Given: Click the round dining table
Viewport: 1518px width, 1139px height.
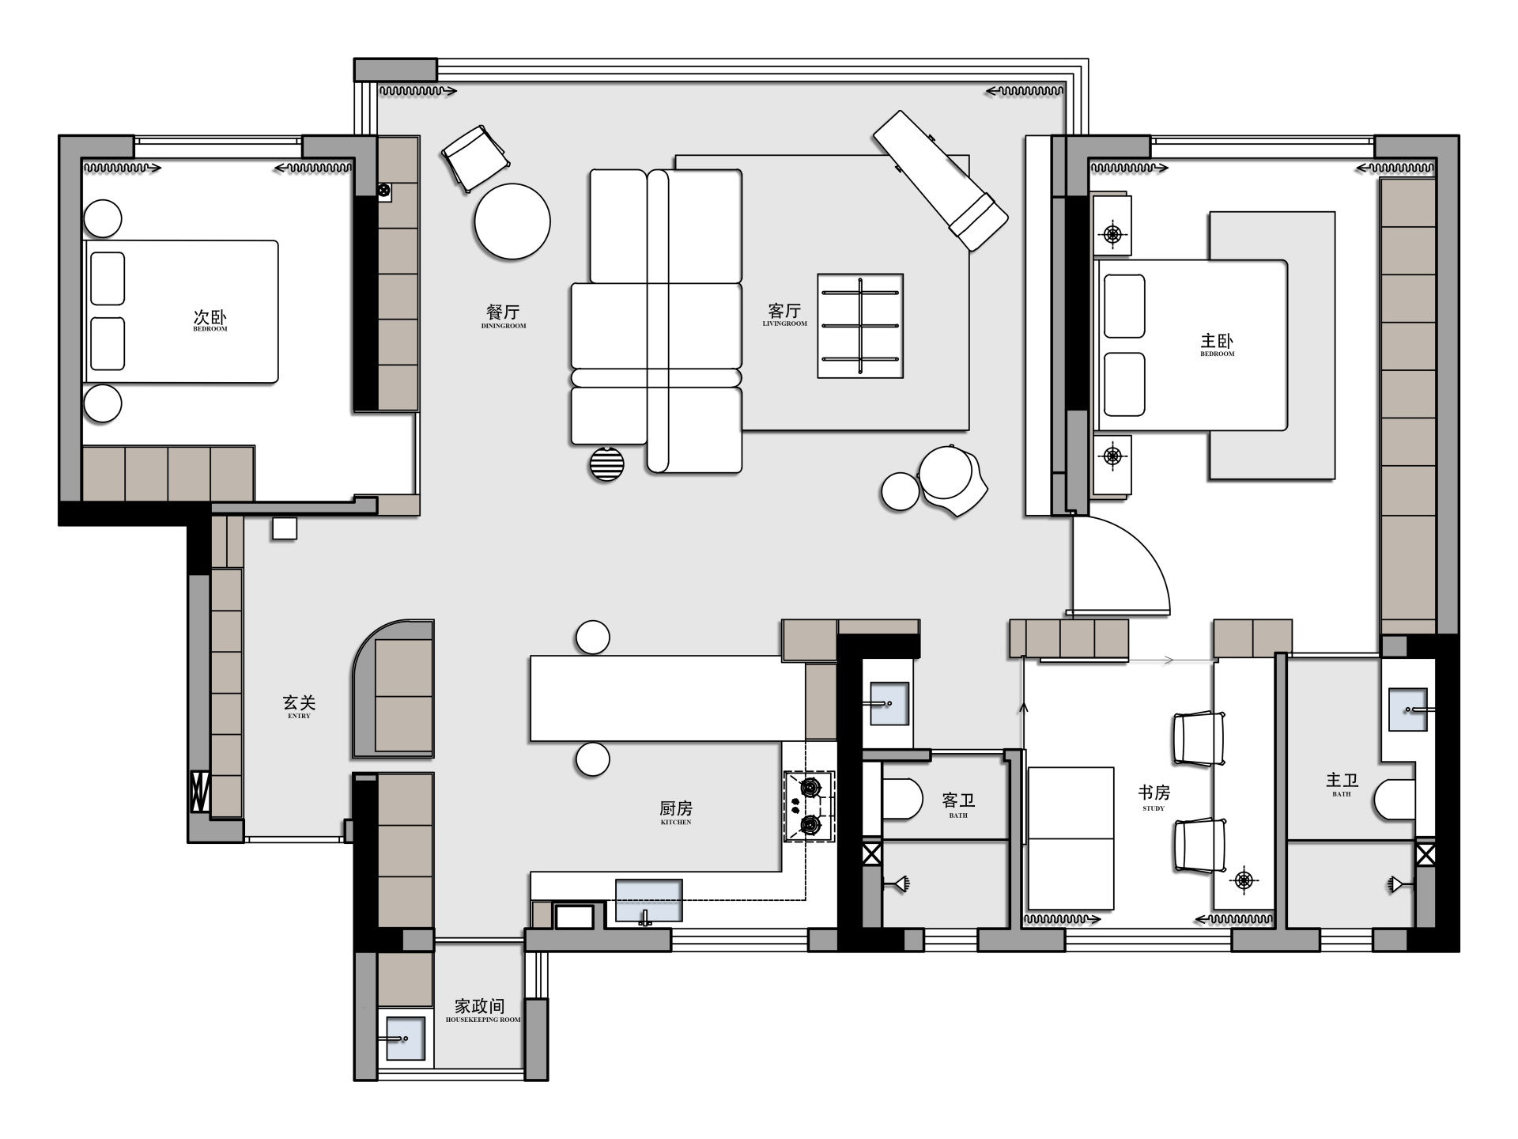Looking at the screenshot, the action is pos(512,221).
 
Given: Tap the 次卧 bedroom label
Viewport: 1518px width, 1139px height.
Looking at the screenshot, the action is pos(210,316).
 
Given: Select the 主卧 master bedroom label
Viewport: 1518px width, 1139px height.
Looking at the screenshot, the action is pos(1217,341).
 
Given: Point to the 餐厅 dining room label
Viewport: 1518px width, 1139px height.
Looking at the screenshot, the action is pos(503,312).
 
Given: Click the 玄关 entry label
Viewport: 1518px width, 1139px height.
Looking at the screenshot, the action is pos(299,702).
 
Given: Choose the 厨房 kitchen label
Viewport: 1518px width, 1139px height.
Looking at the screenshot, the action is pos(676,808).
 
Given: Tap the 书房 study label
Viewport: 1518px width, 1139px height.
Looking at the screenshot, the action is pos(1154,793).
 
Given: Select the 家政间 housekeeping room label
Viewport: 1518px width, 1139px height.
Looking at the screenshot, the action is pos(479,1006).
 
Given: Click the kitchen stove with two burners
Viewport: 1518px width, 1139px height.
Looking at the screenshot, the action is pos(810,807).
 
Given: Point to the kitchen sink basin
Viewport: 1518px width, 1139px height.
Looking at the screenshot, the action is pos(648,900).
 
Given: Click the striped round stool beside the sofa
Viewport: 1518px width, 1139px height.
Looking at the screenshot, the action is pos(606,464).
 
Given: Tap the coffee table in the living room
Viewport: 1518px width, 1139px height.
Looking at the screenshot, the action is pos(860,326).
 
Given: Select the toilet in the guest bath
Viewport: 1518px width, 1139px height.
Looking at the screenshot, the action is pos(902,799).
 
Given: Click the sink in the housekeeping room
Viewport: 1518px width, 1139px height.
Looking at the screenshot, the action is pos(405,1037).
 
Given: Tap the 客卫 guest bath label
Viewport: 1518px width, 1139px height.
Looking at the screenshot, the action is pos(958,800).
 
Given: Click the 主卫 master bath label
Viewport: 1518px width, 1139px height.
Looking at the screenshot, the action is pos(1342,780).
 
